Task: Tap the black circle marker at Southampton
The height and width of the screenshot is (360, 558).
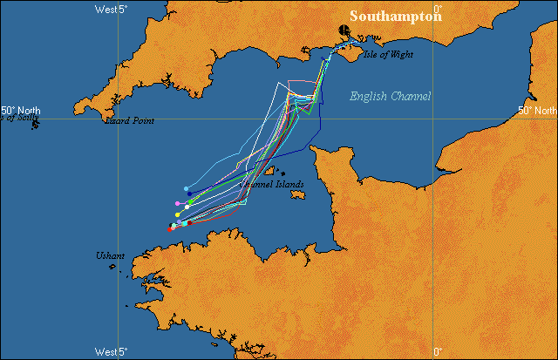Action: click(344, 31)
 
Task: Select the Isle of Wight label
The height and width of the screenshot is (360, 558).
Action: click(389, 55)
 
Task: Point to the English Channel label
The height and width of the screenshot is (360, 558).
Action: click(390, 96)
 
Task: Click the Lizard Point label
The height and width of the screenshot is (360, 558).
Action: click(129, 121)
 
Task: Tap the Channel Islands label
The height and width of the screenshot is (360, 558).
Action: click(272, 185)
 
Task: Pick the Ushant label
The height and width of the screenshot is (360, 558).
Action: click(111, 255)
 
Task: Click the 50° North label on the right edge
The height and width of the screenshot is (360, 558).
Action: click(537, 111)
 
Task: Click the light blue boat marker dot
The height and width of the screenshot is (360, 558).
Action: click(187, 188)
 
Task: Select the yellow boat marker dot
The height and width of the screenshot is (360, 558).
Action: click(178, 214)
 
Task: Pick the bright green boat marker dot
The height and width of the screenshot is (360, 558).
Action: click(191, 202)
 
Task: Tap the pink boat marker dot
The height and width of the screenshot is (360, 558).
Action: click(178, 203)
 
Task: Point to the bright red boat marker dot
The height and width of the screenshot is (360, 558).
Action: click(171, 228)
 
